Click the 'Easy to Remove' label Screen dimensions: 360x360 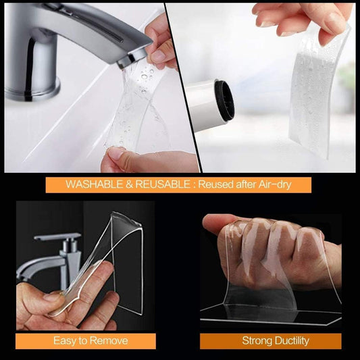click(x=89, y=340)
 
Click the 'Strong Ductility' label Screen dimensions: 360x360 click(x=270, y=340)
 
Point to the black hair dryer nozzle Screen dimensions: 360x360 click(x=224, y=101)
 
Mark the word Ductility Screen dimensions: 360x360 click(x=290, y=340)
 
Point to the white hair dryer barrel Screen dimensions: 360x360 click(x=199, y=101)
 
